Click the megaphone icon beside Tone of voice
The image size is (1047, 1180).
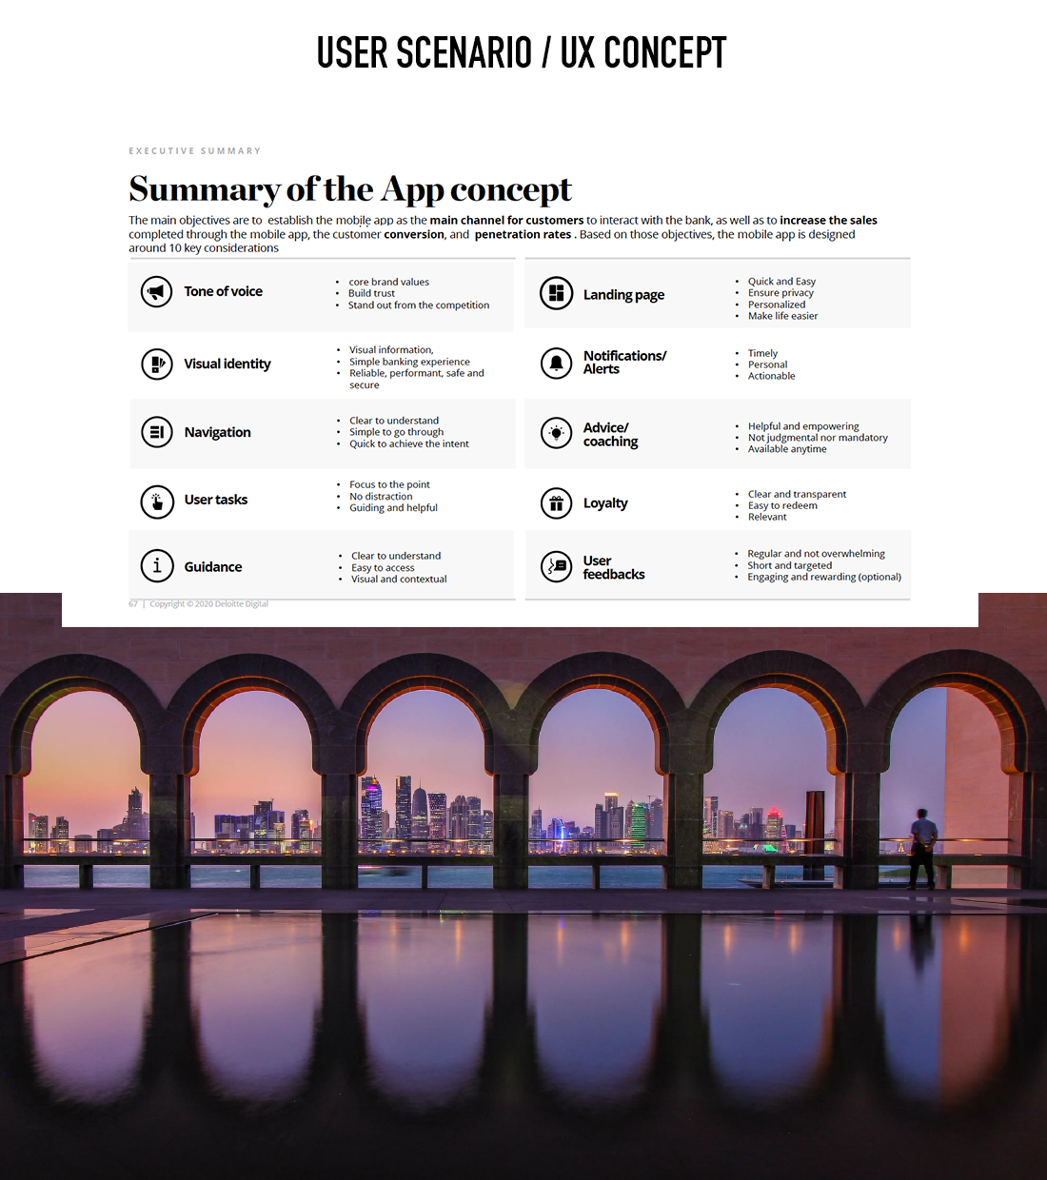[157, 291]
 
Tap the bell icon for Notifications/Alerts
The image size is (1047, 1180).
[556, 363]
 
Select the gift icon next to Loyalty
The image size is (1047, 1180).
[556, 503]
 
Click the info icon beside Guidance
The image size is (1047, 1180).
[157, 566]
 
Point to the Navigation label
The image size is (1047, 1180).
[217, 432]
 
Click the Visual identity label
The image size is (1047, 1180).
[227, 364]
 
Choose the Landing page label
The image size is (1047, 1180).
[623, 295]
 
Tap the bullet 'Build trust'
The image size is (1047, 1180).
[371, 293]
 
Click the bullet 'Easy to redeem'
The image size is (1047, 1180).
[782, 505]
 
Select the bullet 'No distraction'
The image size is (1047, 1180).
[381, 496]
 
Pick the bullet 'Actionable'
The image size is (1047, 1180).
[771, 376]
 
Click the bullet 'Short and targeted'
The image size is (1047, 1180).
[789, 565]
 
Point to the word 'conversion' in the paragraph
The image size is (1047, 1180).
[414, 234]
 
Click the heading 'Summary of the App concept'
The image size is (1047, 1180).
[350, 189]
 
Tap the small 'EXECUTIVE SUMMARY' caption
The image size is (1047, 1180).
[195, 150]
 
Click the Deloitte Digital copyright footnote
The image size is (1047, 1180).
[208, 603]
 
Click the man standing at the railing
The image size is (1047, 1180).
[921, 847]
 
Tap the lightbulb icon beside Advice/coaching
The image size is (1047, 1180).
[556, 433]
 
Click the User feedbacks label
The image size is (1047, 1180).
[613, 567]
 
